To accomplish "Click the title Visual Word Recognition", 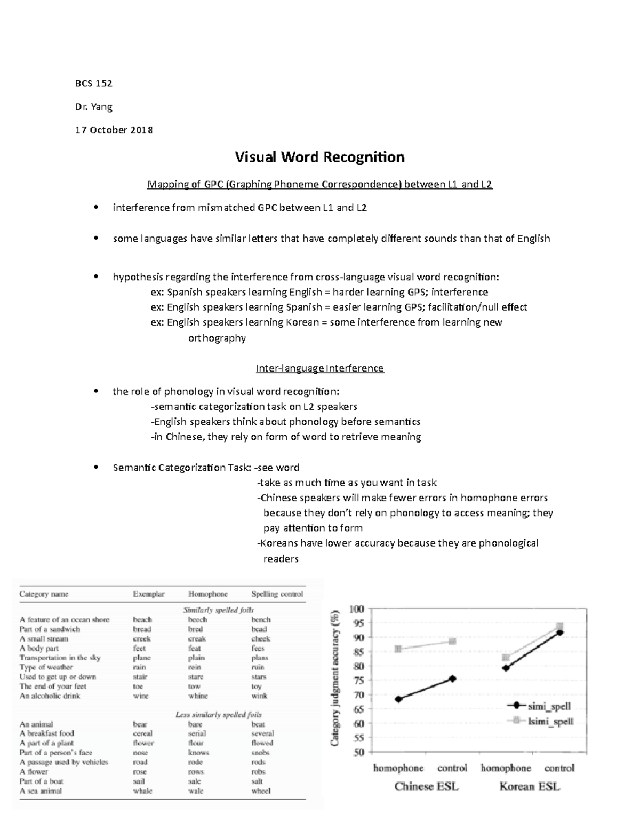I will pos(319,157).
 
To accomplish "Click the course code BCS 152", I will pos(93,83).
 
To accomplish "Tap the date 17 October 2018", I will pos(114,130).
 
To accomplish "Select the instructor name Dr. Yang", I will pos(93,107).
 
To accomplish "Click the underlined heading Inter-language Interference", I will pos(319,368).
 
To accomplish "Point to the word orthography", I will pos(217,338).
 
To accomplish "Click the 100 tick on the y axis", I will pos(356,609).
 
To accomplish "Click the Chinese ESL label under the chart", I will pos(426,786).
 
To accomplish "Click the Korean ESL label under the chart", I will pos(530,786).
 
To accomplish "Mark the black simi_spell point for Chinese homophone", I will pos(398,699).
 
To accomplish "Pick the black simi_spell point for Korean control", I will pos(559,633).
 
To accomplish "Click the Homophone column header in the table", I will pos(208,594).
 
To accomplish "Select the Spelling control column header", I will pos(277,594).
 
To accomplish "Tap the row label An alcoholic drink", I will pos(50,696).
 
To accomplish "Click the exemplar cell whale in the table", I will pos(142,791).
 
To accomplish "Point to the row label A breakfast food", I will pos(47,733).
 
